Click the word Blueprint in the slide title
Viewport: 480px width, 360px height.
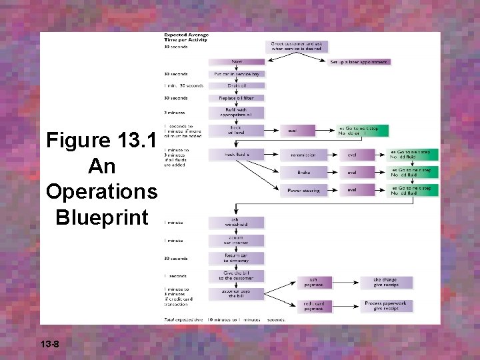pyautogui.click(x=102, y=217)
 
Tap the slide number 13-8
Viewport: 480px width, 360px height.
pyautogui.click(x=50, y=344)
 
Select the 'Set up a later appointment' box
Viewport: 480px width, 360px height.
pyautogui.click(x=359, y=62)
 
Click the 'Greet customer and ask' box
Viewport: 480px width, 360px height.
pyautogui.click(x=298, y=45)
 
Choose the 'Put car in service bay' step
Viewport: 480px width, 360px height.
pyautogui.click(x=237, y=74)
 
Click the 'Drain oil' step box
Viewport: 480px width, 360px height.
pyautogui.click(x=237, y=86)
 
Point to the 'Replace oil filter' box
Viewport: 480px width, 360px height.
pyautogui.click(x=237, y=98)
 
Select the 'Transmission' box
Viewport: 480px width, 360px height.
pyautogui.click(x=303, y=155)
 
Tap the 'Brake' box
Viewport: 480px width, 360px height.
pyautogui.click(x=303, y=172)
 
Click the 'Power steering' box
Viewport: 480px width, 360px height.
pyautogui.click(x=303, y=190)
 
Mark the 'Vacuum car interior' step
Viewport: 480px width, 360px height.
pyautogui.click(x=237, y=240)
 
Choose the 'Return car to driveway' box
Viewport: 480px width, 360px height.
pyautogui.click(x=237, y=258)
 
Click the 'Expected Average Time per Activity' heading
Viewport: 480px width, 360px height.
pyautogui.click(x=187, y=37)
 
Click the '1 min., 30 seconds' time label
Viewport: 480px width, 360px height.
pyautogui.click(x=184, y=86)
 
